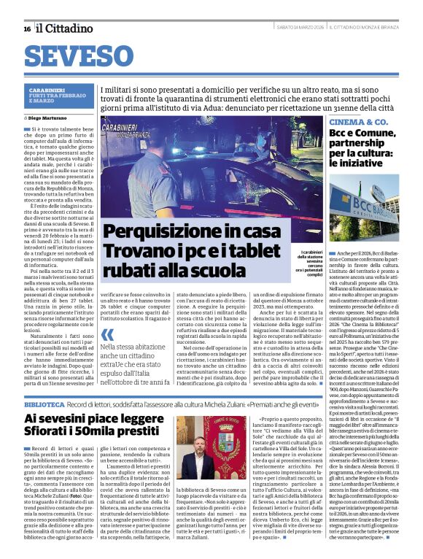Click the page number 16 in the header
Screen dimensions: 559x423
pos(27,28)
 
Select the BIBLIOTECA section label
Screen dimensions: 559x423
pos(44,404)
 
